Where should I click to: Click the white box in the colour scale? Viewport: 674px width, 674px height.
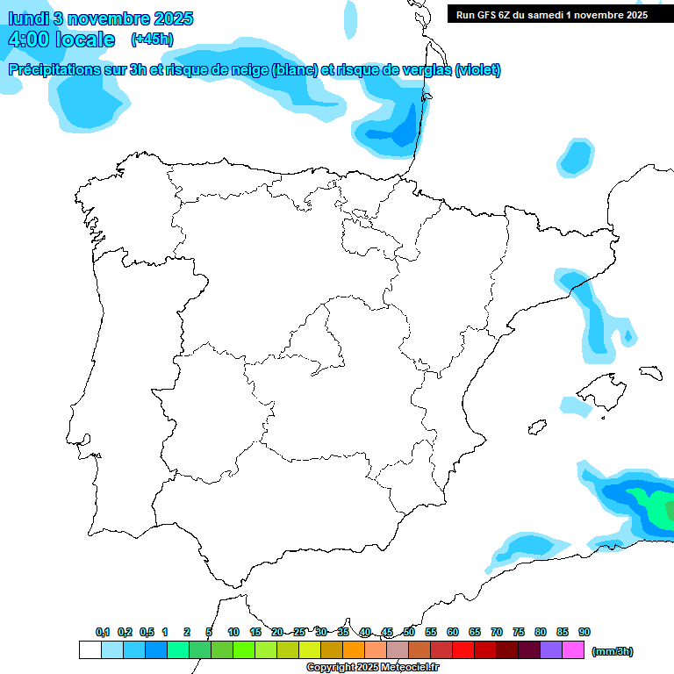90,649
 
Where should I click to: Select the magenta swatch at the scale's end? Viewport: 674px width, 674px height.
573,649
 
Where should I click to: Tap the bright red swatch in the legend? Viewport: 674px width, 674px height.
463,649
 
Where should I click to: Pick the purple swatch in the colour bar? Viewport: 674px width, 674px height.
551,649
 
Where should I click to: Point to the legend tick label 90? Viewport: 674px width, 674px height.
584,632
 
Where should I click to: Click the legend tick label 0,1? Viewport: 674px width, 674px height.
103,632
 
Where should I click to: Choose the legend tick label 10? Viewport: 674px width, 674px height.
233,632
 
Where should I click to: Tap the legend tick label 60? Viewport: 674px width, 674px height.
453,632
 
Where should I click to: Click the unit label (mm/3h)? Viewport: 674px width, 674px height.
612,651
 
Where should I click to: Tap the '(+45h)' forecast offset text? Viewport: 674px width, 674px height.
152,39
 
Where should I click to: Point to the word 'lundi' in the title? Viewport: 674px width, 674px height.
27,18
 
